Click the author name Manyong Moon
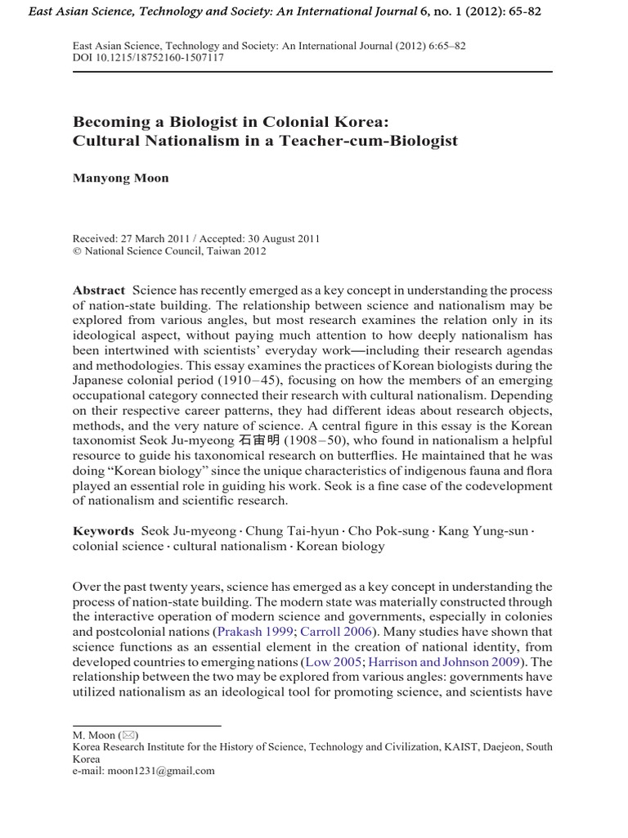pos(121,178)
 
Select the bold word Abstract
pos(99,291)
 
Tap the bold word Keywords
pos(103,531)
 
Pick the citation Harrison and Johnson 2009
pos(453,661)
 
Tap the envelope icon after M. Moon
pos(128,736)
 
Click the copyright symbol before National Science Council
pos(78,251)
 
